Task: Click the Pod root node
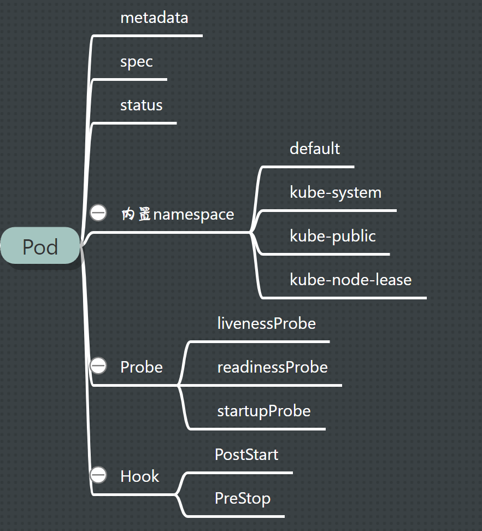[x=40, y=247]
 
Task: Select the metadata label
[x=154, y=17]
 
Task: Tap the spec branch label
[x=137, y=61]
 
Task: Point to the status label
[x=141, y=105]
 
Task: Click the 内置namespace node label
[x=178, y=214]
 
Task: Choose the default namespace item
[x=315, y=149]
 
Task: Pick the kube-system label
[x=336, y=192]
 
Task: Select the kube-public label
[x=333, y=236]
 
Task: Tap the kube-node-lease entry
[x=350, y=280]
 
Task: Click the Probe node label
[x=141, y=367]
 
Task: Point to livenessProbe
[x=266, y=323]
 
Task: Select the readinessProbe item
[x=272, y=367]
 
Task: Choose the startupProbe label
[x=263, y=411]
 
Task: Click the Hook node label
[x=139, y=476]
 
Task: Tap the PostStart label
[x=246, y=455]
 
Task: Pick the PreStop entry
[x=242, y=498]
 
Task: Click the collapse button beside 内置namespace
[x=98, y=213]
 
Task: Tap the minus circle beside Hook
[x=98, y=475]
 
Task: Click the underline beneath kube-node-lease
[x=350, y=298]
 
